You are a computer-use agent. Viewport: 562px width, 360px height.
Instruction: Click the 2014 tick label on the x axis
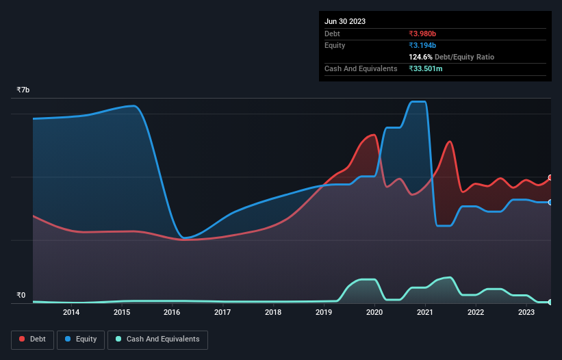point(71,313)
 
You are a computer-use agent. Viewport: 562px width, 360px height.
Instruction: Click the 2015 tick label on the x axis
point(122,313)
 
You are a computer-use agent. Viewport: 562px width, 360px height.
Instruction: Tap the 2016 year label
point(172,313)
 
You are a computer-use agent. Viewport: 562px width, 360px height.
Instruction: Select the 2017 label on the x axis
point(222,313)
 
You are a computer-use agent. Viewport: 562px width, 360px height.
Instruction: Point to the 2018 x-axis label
point(273,313)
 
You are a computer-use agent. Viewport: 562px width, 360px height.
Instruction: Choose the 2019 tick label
point(324,313)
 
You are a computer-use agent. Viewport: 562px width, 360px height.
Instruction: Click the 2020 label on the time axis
point(374,313)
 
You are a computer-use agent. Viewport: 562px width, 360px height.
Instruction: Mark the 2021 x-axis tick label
point(425,313)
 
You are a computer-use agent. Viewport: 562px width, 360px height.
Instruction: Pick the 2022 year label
point(476,313)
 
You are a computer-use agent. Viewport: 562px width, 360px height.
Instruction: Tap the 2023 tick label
point(526,313)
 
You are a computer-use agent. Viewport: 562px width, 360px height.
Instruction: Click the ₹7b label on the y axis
point(23,90)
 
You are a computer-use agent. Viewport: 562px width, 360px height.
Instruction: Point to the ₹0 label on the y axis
point(21,296)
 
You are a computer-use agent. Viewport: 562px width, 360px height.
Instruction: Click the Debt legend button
point(31,339)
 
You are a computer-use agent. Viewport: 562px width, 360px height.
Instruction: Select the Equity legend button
point(81,339)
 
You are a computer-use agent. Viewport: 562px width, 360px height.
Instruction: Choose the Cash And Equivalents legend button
point(157,339)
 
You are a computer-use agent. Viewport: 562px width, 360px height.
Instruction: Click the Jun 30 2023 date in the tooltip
point(345,21)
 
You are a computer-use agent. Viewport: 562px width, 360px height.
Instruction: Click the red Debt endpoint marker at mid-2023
point(550,177)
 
